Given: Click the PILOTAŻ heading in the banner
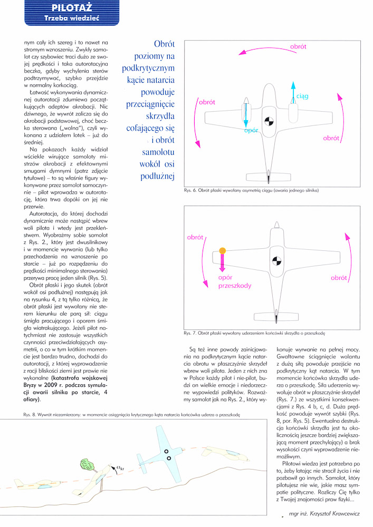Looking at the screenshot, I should [x=73, y=7].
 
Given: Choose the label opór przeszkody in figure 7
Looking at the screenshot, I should [x=234, y=281].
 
